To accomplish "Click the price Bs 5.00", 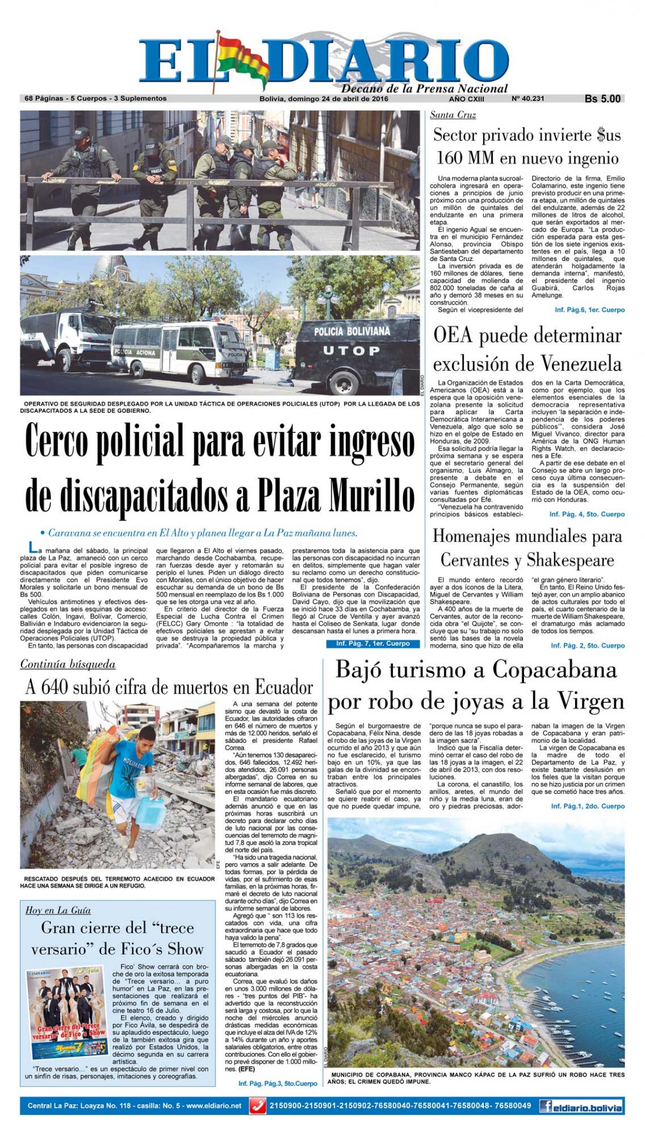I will [603, 99].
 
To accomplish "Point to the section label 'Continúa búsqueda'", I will [68, 664].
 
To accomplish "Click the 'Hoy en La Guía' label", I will [58, 910].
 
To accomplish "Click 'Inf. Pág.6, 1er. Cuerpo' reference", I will [590, 310].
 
